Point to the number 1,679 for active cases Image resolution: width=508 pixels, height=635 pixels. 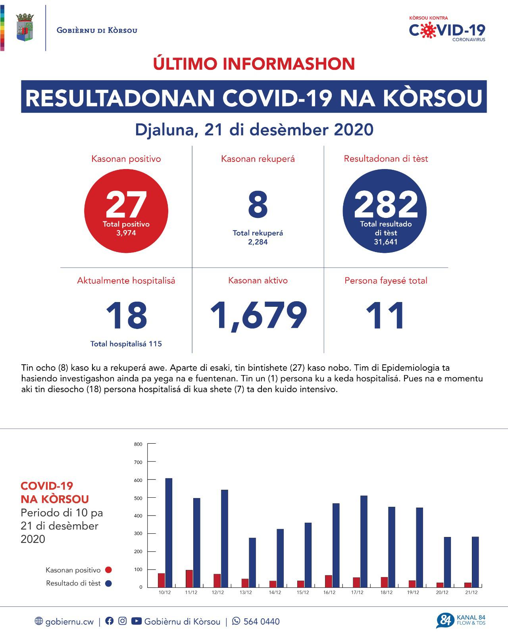[x=258, y=316]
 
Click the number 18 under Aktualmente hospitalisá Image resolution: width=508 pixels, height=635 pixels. [x=126, y=316]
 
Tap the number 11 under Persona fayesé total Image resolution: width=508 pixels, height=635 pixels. [x=385, y=316]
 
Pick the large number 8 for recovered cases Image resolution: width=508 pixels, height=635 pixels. [x=258, y=206]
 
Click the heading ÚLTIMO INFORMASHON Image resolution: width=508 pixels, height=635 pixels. [x=254, y=64]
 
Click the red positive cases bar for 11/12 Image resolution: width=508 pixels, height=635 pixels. [x=189, y=579]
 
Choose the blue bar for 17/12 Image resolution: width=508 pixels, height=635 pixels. [x=364, y=541]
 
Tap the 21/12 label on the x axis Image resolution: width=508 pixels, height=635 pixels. [x=471, y=593]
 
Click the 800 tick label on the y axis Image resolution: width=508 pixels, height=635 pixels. [x=138, y=444]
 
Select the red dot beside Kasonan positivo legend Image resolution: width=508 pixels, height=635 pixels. [x=108, y=570]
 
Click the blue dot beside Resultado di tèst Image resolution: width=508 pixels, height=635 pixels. [x=108, y=583]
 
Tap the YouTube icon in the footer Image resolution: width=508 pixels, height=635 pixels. [x=136, y=621]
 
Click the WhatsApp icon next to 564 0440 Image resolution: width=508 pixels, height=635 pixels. [x=236, y=621]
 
